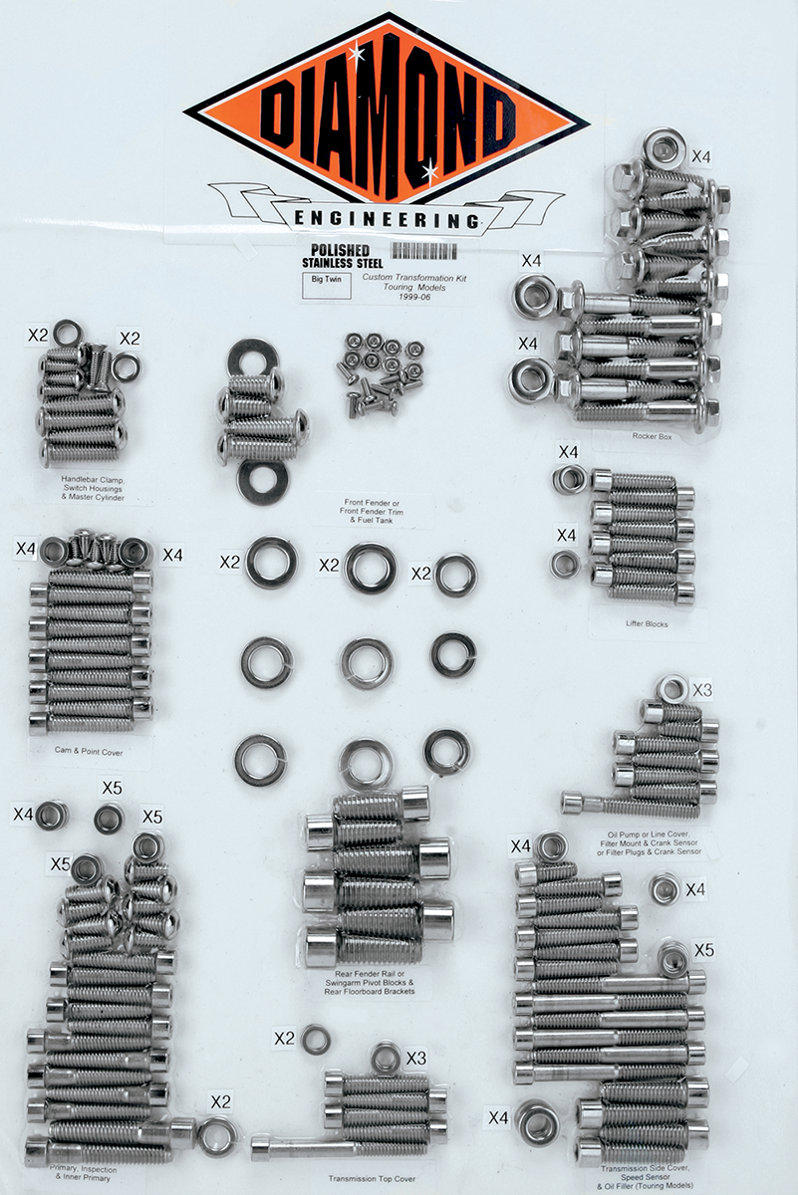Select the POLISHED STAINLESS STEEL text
coord(336,256)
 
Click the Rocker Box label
coord(649,435)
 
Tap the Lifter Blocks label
coord(642,624)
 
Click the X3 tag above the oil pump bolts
coord(701,689)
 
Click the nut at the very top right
coord(662,149)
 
